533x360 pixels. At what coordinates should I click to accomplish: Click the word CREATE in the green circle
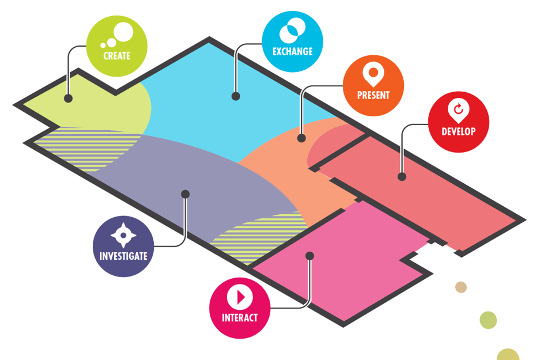coord(116,56)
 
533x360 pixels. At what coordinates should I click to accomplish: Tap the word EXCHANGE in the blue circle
coord(292,51)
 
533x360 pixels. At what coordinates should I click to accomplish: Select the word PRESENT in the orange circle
coord(373,95)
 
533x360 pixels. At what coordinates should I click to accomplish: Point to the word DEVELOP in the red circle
coord(459,131)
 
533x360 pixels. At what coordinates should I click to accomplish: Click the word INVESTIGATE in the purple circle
coord(123,256)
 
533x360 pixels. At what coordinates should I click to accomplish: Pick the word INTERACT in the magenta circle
coord(240,317)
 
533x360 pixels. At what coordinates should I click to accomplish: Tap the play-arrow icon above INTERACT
coord(240,297)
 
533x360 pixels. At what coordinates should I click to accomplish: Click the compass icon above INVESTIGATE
coord(123,234)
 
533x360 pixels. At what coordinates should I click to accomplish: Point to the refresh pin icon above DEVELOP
coord(459,109)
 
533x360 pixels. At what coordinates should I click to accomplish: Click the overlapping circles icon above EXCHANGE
coord(292,29)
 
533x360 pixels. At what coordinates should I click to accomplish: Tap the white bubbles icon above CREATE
coord(118,35)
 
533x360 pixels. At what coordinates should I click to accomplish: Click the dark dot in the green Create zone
coord(68,98)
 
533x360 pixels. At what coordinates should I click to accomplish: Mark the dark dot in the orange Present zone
coord(301,138)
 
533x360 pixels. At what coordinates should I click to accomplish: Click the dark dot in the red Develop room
coord(402,177)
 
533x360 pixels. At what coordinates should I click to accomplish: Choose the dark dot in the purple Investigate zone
coord(185,194)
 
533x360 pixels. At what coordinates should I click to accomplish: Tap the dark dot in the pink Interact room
coord(309,255)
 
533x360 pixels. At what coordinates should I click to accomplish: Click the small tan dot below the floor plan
coord(461,287)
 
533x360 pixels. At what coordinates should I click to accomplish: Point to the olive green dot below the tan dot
coord(488,320)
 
